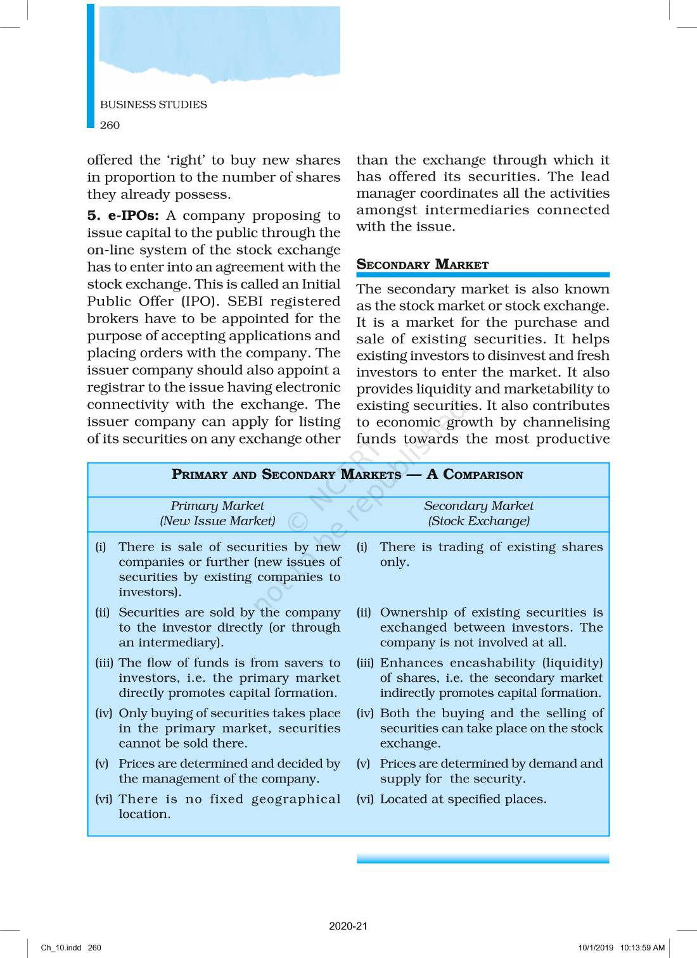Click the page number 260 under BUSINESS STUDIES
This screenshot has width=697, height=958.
pos(110,125)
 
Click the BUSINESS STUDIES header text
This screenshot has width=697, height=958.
pos(153,105)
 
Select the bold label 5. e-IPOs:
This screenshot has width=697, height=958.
pos(123,215)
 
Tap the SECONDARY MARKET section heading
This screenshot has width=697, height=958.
pos(423,265)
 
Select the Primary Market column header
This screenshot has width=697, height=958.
pos(217,506)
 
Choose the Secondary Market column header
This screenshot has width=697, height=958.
pos(478,506)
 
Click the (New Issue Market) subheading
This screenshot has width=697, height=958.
pos(217,521)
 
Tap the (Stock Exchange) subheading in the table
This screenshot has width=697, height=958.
pos(478,521)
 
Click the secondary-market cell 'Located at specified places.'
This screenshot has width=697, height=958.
pos(463,799)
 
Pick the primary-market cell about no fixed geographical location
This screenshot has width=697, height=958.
pos(229,806)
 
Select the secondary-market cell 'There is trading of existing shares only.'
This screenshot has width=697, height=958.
pos(491,554)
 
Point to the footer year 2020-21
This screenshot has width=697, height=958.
pos(348,926)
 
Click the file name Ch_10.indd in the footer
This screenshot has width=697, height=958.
pos(61,948)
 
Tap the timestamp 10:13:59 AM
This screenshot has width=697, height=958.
pos(642,948)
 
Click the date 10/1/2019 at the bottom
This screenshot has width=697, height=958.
pos(596,948)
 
